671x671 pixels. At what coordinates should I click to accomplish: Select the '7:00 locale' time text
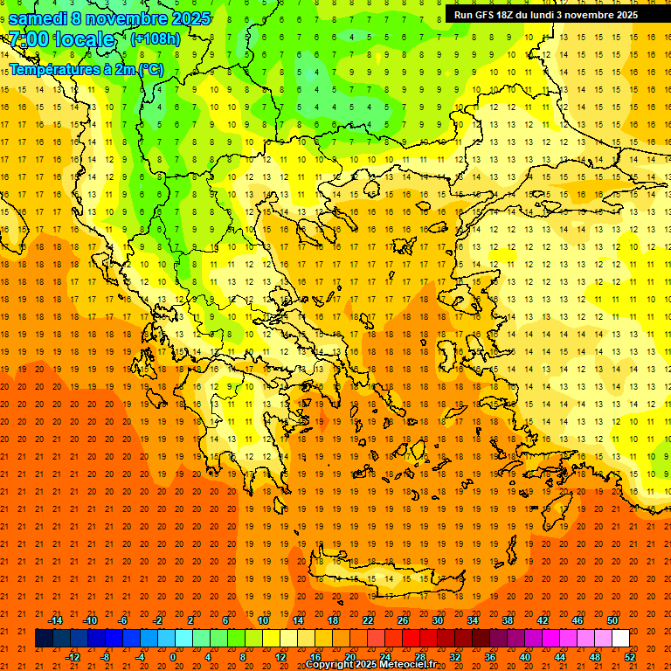[x=61, y=39]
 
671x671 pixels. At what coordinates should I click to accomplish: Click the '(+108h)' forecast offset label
[x=155, y=39]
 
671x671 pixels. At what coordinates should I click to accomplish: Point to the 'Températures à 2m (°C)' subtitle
[x=86, y=69]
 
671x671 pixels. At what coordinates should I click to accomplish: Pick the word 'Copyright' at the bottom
[x=330, y=665]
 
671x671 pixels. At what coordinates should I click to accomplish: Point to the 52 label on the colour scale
[x=630, y=657]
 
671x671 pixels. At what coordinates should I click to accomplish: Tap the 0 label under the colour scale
[x=174, y=657]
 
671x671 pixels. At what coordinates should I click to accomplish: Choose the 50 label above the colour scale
[x=612, y=620]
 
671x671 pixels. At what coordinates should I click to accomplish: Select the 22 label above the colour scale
[x=368, y=620]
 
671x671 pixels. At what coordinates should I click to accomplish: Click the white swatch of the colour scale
[x=620, y=639]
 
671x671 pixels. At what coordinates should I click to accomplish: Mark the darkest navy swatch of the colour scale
[x=44, y=639]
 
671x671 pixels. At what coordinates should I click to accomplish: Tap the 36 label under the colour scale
[x=490, y=657]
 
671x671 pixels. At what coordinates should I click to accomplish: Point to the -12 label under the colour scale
[x=73, y=657]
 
